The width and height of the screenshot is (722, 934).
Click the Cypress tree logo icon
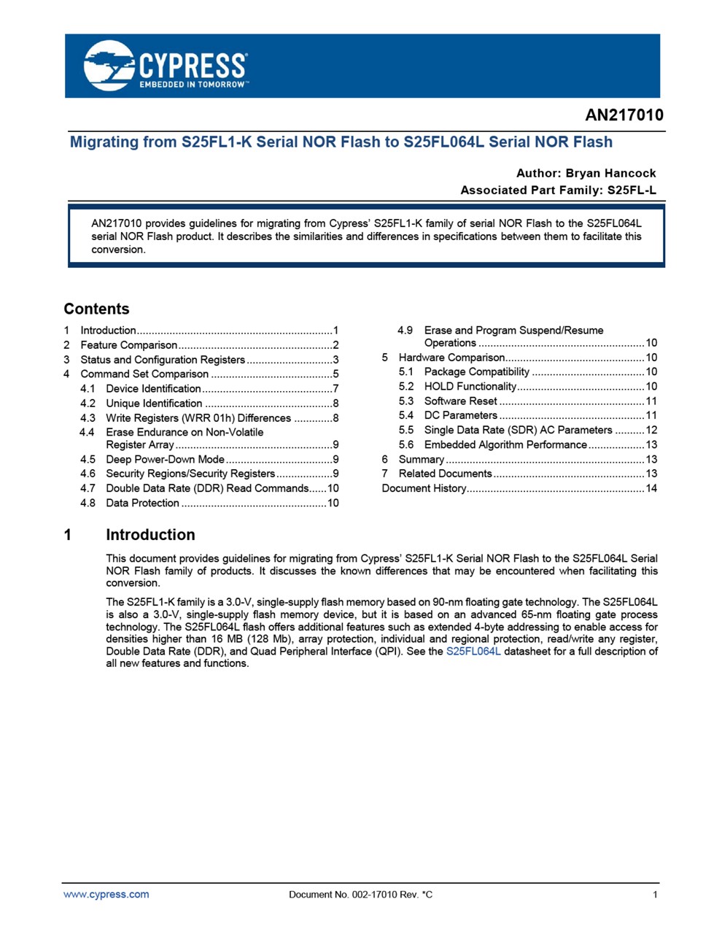[x=109, y=66]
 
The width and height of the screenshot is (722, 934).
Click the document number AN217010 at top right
[x=624, y=116]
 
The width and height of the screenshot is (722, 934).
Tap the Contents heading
[x=96, y=309]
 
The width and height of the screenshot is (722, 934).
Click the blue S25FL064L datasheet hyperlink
[x=473, y=652]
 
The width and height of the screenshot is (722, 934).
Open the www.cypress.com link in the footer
[x=106, y=895]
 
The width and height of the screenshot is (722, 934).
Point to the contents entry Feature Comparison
[x=128, y=345]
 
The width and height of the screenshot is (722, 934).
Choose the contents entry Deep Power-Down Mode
[x=165, y=460]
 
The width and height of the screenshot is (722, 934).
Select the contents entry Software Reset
[x=460, y=401]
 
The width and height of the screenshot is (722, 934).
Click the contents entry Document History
[x=424, y=488]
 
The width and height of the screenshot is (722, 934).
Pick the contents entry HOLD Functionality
[x=470, y=387]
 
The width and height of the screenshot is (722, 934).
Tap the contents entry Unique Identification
[x=154, y=404]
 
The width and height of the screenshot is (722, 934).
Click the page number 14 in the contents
[x=651, y=488]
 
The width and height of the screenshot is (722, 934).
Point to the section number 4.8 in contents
[x=88, y=503]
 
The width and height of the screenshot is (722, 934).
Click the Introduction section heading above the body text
[x=150, y=535]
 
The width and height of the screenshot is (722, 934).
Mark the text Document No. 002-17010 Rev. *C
[x=360, y=895]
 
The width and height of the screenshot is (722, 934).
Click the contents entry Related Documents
[x=445, y=474]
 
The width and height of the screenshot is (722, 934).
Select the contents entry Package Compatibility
[x=476, y=372]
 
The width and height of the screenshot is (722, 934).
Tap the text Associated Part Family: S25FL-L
[x=558, y=190]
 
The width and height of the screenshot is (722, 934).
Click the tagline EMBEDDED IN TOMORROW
[x=193, y=85]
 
